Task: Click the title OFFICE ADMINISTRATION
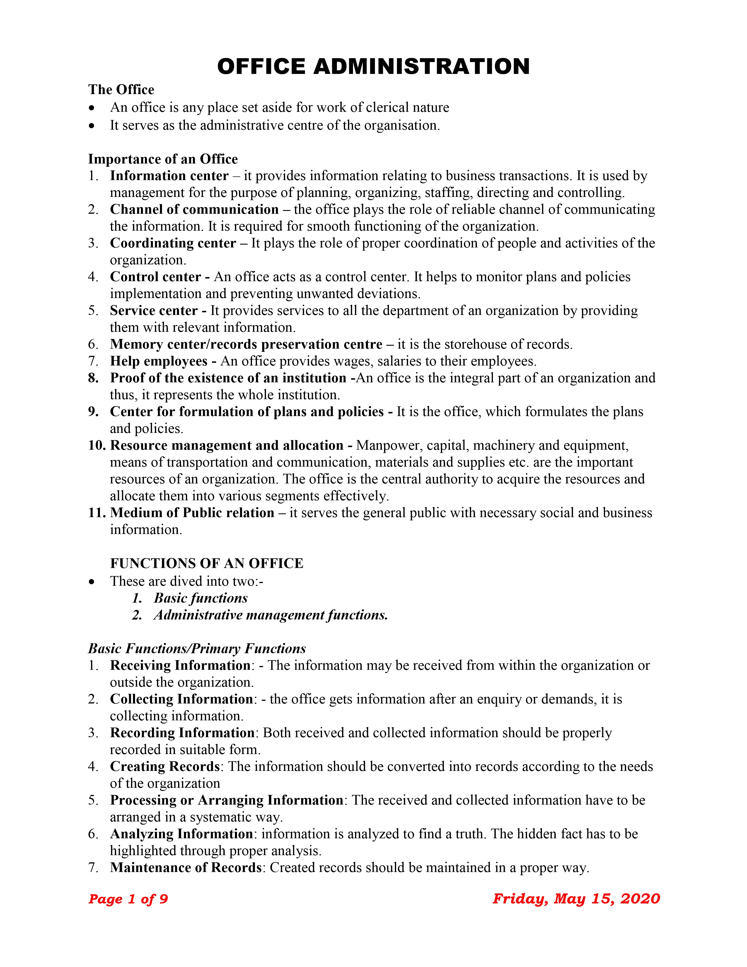[x=373, y=67]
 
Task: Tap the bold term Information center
[x=169, y=176]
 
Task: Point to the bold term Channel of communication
[x=194, y=210]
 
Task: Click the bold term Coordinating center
[x=173, y=243]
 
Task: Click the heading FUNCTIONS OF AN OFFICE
[x=207, y=563]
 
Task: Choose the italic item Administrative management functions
[x=271, y=615]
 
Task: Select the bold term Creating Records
[x=165, y=767]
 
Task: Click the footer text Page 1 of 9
[x=128, y=899]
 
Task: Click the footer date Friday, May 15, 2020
[x=576, y=899]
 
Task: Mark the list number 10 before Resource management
[x=96, y=445]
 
